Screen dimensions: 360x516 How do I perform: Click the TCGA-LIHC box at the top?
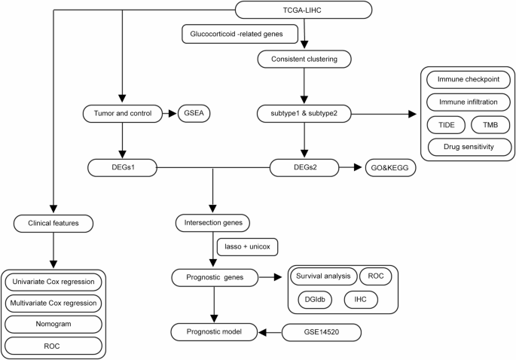304,10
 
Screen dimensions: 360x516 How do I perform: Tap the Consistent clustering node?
304,58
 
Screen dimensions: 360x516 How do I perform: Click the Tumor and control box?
122,114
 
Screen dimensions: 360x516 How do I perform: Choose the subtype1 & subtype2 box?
304,114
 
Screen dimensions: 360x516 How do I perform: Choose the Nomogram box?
53,324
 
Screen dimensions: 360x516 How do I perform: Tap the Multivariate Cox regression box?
53,304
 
